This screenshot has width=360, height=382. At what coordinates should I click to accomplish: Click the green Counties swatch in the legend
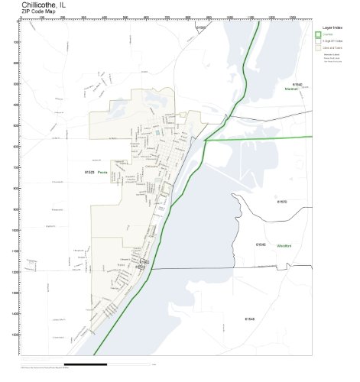(x=319, y=34)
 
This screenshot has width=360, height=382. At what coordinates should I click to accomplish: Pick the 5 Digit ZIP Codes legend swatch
(x=319, y=41)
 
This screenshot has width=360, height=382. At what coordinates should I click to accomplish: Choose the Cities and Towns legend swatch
(x=319, y=48)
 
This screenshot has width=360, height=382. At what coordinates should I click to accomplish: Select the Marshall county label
(x=290, y=89)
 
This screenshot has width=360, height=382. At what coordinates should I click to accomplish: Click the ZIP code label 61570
(x=281, y=202)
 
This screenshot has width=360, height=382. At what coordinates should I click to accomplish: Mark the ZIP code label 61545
(x=260, y=244)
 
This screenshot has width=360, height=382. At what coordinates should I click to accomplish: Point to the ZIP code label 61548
(x=249, y=318)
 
